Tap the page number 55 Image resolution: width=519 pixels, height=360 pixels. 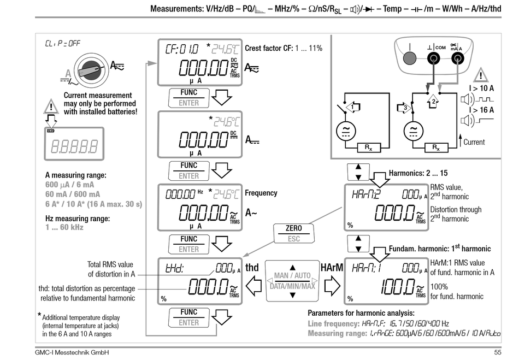point(497,353)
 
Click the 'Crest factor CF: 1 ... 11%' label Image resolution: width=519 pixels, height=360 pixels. point(284,48)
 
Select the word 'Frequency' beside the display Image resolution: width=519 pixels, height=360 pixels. point(261,193)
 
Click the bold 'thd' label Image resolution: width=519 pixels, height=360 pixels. point(252,268)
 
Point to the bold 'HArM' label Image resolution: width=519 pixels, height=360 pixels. point(332,268)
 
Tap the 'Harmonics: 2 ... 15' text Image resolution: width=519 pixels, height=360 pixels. point(418,173)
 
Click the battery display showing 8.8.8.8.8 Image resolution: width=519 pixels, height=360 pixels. point(74,146)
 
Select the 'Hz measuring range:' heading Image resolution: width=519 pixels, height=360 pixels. point(78,219)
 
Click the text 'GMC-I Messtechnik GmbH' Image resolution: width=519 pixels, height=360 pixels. point(72,353)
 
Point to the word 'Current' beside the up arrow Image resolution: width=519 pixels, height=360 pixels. point(474,142)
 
